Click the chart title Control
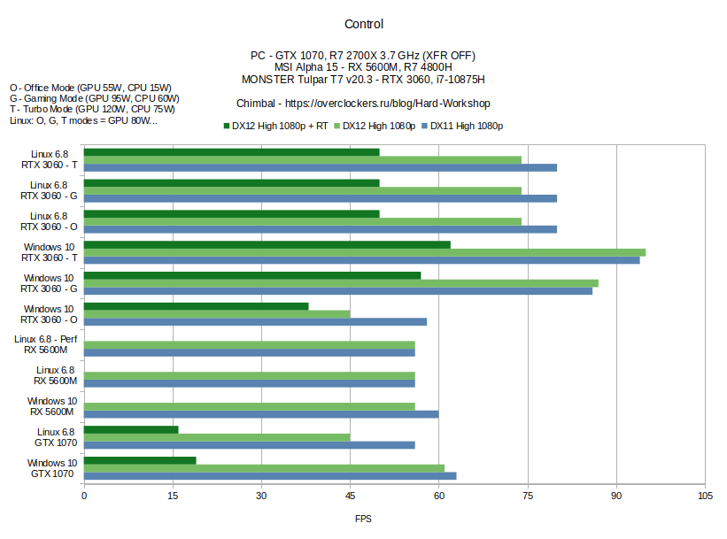point(363,24)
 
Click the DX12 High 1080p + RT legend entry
point(281,126)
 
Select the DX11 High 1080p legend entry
point(466,126)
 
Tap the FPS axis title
point(363,519)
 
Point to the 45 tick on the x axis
point(350,496)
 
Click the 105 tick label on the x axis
point(705,496)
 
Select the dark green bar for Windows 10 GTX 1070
point(140,460)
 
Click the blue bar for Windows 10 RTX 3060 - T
point(361,260)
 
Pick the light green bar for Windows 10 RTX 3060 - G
point(341,283)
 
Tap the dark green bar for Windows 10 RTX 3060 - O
point(196,306)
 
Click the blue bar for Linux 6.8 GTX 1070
point(249,445)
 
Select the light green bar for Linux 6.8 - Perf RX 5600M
point(249,344)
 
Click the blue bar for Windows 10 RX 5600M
point(261,414)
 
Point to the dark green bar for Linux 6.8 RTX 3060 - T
point(231,152)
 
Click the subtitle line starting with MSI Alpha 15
point(363,67)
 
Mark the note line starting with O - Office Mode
point(90,89)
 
